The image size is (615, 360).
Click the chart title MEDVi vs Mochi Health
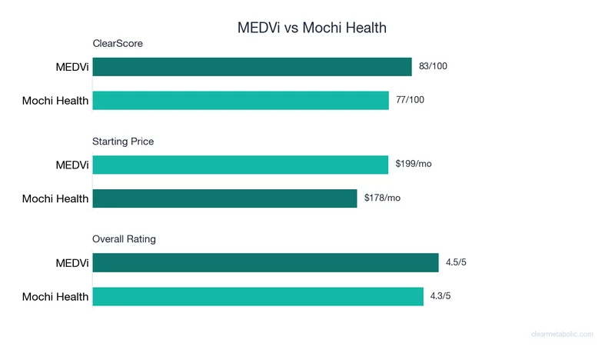click(x=311, y=28)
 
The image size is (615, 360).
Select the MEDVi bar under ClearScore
click(x=252, y=67)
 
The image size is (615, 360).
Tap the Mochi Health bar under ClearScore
click(x=241, y=100)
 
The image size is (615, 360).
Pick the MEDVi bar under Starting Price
click(x=241, y=165)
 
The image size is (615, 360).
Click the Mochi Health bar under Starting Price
click(x=224, y=198)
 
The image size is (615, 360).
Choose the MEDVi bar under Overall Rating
click(x=265, y=263)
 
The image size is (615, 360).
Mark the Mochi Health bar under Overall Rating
click(x=258, y=296)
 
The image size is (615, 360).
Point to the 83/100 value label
click(x=434, y=66)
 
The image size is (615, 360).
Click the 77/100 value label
click(x=411, y=100)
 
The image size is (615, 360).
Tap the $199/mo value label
click(x=414, y=164)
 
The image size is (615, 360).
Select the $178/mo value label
click(x=383, y=198)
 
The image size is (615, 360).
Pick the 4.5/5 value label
click(x=456, y=262)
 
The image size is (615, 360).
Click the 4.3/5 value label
click(x=441, y=296)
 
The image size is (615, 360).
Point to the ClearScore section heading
click(x=118, y=44)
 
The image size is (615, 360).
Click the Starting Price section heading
click(x=123, y=142)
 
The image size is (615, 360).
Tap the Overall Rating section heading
click(x=124, y=239)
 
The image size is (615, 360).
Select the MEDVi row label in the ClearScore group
click(x=71, y=68)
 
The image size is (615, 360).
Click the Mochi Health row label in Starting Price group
click(x=55, y=198)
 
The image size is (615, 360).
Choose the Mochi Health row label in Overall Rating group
click(x=55, y=297)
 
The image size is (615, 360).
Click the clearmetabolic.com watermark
click(x=562, y=334)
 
